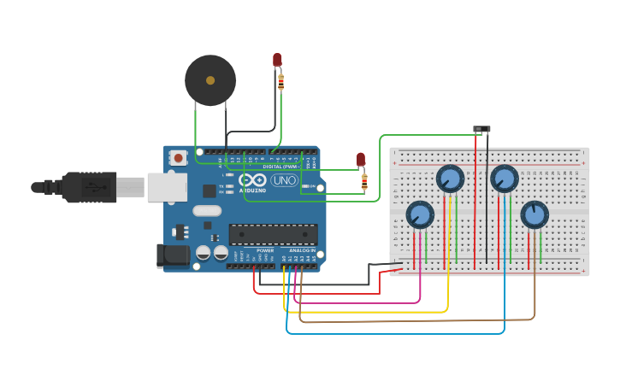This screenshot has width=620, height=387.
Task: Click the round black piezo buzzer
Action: click(x=210, y=80)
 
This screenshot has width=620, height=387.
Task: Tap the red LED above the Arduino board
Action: click(x=277, y=60)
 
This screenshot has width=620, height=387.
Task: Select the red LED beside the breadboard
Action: click(x=361, y=160)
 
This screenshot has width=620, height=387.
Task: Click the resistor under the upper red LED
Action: click(x=280, y=82)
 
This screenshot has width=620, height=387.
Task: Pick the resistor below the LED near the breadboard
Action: click(x=364, y=181)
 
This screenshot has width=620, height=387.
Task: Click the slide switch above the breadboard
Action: click(x=482, y=129)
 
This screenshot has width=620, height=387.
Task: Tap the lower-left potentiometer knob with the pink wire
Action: click(x=420, y=214)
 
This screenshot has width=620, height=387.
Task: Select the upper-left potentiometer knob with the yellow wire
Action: click(x=450, y=179)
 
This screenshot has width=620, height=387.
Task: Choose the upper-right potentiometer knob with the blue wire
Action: click(x=505, y=179)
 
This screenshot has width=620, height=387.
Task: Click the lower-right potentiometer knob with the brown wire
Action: click(x=534, y=214)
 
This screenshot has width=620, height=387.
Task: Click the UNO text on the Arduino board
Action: click(x=283, y=180)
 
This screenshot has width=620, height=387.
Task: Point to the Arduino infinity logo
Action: click(x=253, y=180)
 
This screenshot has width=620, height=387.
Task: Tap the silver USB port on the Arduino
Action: click(x=167, y=187)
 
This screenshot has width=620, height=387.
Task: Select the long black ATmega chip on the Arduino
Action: click(x=273, y=234)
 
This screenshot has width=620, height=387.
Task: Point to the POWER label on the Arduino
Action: click(x=265, y=250)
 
